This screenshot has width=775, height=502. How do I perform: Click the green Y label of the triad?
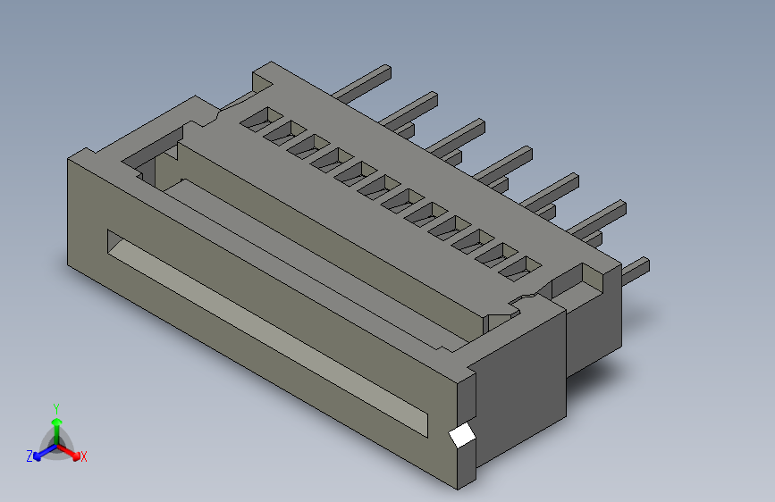[x=56, y=409]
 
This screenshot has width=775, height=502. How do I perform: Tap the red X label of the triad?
[x=84, y=456]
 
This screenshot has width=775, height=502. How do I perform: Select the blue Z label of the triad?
[x=29, y=456]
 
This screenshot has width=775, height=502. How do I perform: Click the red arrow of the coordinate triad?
[x=69, y=452]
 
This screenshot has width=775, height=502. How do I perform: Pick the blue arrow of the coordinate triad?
[x=45, y=452]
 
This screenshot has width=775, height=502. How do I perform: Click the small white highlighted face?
[x=461, y=436]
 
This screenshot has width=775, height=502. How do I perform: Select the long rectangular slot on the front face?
[x=267, y=333]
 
